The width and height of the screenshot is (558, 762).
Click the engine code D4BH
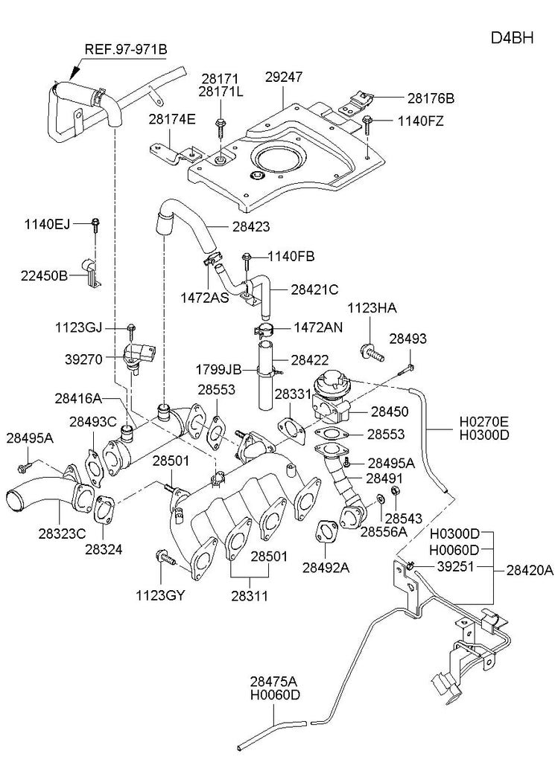click(x=512, y=37)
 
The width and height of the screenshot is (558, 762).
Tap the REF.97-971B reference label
click(x=126, y=49)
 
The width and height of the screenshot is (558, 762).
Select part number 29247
click(x=284, y=77)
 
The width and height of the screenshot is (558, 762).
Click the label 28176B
click(x=431, y=98)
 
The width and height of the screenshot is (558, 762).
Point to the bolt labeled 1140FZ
click(x=367, y=125)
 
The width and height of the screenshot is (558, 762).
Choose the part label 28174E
click(x=172, y=119)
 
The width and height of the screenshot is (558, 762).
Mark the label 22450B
click(x=44, y=275)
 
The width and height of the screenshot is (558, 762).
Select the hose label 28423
click(x=250, y=226)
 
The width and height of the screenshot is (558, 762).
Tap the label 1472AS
click(x=204, y=298)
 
